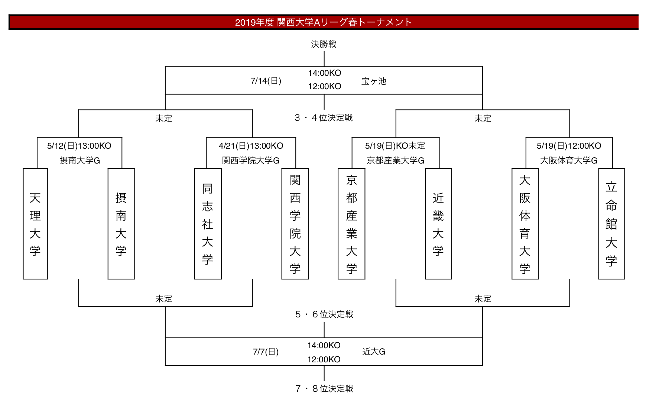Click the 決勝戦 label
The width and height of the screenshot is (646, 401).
[x=324, y=44]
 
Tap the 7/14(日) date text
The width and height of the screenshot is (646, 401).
[x=266, y=81]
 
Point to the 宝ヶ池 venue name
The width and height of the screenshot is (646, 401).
[x=374, y=81]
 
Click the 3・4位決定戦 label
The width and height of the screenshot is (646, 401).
[x=324, y=118]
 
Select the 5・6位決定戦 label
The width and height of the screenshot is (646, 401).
[x=324, y=314]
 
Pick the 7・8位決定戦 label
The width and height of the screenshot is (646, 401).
[x=324, y=389]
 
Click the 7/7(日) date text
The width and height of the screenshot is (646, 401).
[x=266, y=352]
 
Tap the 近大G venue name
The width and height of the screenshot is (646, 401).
[x=374, y=352]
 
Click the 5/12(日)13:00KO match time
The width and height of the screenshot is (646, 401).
[x=79, y=146]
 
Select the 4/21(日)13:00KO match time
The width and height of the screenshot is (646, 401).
[x=251, y=146]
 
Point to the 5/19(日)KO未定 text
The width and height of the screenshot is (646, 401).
[x=395, y=146]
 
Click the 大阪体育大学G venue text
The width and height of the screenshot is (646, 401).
[x=569, y=161]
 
